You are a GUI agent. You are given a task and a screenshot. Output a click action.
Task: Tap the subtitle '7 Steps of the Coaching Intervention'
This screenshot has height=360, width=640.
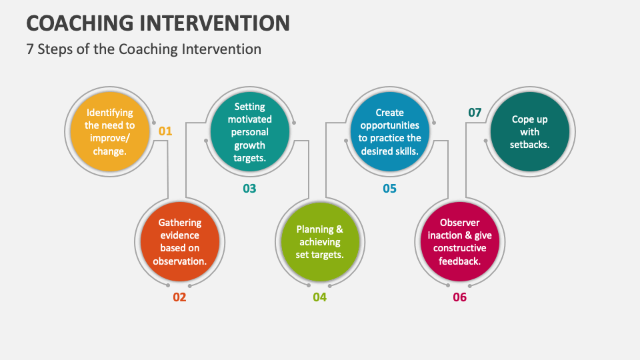click(x=143, y=49)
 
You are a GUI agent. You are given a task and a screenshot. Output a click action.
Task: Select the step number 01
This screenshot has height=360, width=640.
click(x=165, y=131)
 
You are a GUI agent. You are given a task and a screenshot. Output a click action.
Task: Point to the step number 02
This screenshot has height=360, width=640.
click(x=179, y=297)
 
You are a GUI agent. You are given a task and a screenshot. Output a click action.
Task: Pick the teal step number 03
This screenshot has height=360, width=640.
click(x=249, y=189)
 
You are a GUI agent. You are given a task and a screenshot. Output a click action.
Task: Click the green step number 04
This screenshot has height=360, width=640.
click(x=320, y=297)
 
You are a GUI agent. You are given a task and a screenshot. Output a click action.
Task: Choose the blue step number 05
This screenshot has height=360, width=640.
click(x=389, y=189)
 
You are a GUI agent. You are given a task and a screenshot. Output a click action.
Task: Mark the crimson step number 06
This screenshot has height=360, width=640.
click(x=460, y=297)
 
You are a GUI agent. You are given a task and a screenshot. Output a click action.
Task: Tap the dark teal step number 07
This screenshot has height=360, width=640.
click(x=475, y=113)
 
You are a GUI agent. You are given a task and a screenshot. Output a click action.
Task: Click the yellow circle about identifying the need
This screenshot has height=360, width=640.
click(x=109, y=131)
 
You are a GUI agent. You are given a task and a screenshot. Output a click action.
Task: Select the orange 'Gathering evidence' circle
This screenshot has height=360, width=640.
click(x=180, y=241)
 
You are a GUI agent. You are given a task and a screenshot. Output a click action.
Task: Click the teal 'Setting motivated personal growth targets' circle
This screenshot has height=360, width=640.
click(x=250, y=131)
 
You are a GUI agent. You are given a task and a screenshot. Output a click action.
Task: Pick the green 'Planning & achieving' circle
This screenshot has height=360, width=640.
click(x=320, y=241)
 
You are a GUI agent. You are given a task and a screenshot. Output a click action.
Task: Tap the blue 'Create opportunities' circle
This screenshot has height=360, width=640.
click(x=390, y=131)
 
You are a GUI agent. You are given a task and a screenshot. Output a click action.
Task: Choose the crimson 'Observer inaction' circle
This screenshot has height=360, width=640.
click(x=460, y=241)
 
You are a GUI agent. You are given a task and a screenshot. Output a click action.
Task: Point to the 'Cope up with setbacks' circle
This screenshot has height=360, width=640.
click(x=530, y=131)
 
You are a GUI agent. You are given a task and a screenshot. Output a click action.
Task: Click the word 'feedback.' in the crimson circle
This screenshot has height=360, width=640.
click(x=460, y=261)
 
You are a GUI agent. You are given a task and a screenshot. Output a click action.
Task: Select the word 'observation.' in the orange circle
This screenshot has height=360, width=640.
click(x=180, y=261)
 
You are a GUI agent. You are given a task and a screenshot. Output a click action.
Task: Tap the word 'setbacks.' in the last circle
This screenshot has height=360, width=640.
click(x=530, y=144)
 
